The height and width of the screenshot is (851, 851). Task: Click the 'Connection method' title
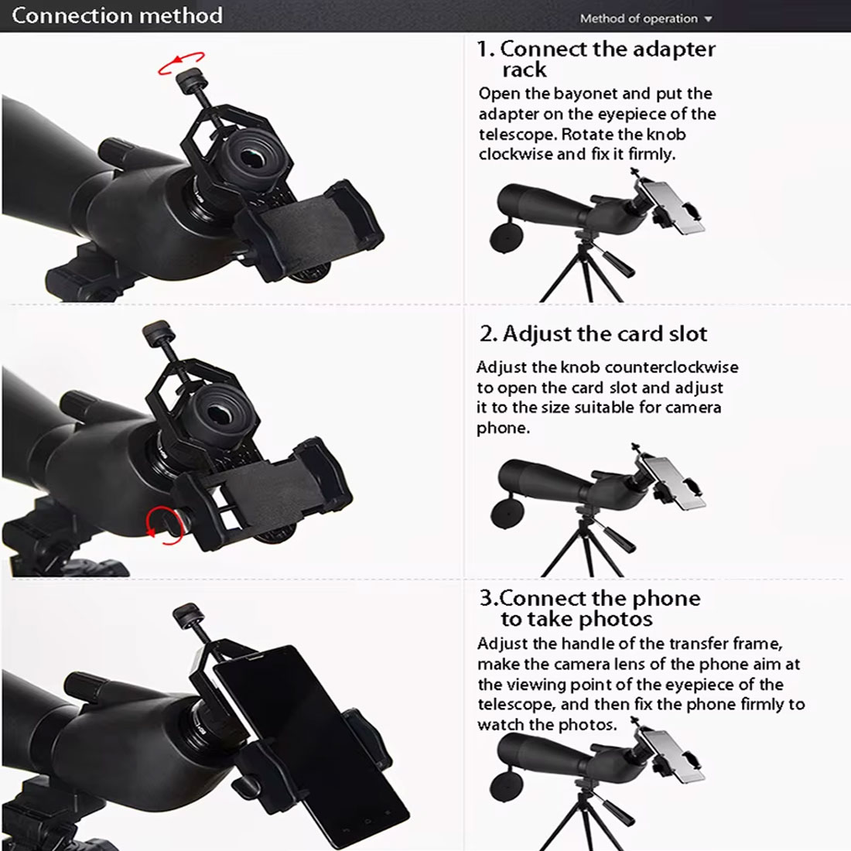tap(118, 15)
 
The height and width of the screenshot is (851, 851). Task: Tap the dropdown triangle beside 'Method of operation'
tap(708, 19)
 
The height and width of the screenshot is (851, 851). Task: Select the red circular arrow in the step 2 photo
tap(162, 525)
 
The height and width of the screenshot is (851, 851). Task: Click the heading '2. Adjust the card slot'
tap(593, 333)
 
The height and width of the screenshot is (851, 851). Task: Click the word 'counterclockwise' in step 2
tap(672, 367)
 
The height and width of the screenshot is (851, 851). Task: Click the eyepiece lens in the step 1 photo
tap(252, 159)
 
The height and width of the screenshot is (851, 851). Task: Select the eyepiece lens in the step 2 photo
tap(221, 415)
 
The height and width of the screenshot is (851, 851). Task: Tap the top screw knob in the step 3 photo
tap(188, 614)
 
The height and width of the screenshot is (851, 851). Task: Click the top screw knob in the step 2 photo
tap(157, 331)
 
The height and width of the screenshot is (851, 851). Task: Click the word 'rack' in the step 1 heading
tap(525, 70)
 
